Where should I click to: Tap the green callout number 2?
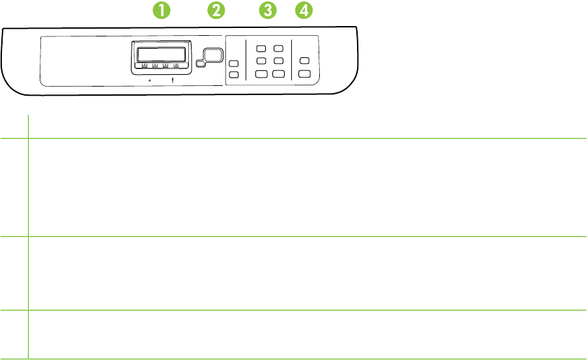[216, 10]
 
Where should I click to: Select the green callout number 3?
[266, 10]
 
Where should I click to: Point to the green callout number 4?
[304, 10]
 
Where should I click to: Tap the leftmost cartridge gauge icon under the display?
[144, 65]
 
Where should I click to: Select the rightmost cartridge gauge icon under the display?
[176, 65]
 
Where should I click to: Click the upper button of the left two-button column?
[234, 63]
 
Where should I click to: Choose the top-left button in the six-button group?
[261, 49]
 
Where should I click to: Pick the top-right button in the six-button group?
[279, 49]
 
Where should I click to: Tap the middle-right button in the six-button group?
[279, 61]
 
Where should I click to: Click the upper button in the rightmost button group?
[304, 61]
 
